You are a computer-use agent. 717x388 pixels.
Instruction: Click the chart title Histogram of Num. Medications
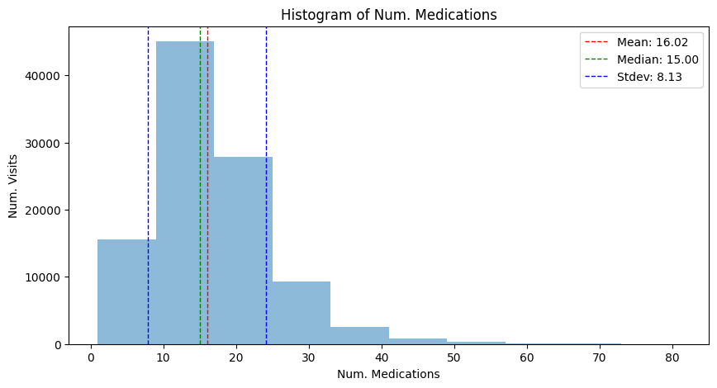[389, 15]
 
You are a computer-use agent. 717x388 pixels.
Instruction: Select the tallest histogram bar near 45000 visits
[185, 193]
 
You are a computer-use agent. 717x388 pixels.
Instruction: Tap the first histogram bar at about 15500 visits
[126, 292]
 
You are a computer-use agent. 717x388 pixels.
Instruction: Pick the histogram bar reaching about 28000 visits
[243, 251]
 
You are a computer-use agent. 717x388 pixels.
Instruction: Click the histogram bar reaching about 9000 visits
[302, 313]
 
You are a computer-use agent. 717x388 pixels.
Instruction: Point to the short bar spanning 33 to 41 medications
[359, 336]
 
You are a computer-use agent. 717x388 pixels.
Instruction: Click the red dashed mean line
[207, 186]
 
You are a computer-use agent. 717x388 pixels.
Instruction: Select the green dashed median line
[200, 186]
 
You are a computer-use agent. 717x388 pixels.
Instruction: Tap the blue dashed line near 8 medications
[148, 186]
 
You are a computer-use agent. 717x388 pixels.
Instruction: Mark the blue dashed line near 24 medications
[266, 186]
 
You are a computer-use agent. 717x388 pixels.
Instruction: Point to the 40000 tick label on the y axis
[42, 76]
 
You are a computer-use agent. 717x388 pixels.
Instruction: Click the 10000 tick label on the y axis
[42, 278]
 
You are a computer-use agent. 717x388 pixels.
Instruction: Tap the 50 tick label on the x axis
[454, 357]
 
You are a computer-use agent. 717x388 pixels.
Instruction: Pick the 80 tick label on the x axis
[672, 357]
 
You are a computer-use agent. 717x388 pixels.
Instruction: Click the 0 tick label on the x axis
[91, 357]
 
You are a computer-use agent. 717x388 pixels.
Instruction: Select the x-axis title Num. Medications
[389, 374]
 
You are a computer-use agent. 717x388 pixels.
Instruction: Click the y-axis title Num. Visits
[13, 186]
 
